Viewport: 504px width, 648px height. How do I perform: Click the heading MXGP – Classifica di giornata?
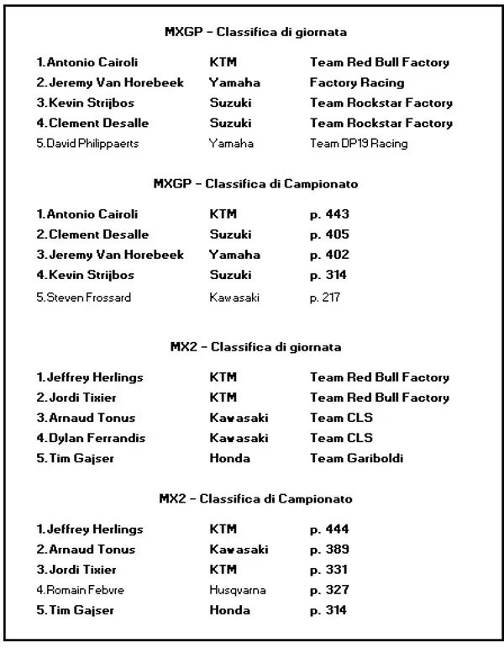coord(255,32)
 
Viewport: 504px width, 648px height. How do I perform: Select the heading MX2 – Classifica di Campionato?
coord(255,499)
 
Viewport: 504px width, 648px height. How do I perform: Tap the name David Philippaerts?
coord(88,144)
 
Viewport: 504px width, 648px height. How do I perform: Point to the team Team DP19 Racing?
coord(359,144)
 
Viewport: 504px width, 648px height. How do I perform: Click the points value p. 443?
coord(329,214)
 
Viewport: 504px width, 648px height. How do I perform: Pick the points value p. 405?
coord(329,234)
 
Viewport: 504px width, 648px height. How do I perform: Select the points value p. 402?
coord(329,255)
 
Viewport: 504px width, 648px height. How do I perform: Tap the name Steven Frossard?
coord(84,297)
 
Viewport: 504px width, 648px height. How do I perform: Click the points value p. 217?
coord(325,297)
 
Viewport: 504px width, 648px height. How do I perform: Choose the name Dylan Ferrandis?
coord(92,438)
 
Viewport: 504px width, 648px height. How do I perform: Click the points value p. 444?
coord(329,529)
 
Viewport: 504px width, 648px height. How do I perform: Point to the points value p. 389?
coord(329,550)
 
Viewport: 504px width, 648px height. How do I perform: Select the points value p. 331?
coord(329,570)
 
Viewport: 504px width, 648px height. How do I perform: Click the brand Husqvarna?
coord(238,590)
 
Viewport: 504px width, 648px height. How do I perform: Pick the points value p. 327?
coord(329,590)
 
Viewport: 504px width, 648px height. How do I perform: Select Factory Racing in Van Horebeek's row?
coord(357,83)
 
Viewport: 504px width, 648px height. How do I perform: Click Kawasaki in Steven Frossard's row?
coord(235,297)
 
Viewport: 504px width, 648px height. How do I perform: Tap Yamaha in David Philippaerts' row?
coord(232,144)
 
